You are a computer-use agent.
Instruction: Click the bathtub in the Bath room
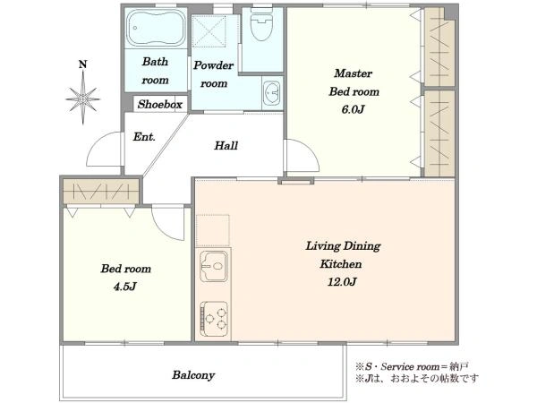pyautogui.click(x=155, y=28)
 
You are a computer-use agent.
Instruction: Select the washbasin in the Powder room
pyautogui.click(x=272, y=93)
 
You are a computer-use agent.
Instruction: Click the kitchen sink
pyautogui.click(x=213, y=266)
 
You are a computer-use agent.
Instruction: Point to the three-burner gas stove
pyautogui.click(x=214, y=319)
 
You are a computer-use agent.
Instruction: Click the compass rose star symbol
pyautogui.click(x=82, y=99)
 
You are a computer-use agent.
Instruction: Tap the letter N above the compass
pyautogui.click(x=83, y=64)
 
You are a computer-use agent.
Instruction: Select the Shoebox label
pyautogui.click(x=159, y=104)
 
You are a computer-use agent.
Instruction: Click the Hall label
pyautogui.click(x=226, y=146)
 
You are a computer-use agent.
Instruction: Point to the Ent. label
pyautogui.click(x=144, y=137)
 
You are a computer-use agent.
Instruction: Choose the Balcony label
pyautogui.click(x=193, y=375)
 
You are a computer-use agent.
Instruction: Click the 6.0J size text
pyautogui.click(x=354, y=109)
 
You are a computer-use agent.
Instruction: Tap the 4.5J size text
pyautogui.click(x=125, y=287)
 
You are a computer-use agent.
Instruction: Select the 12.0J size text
pyautogui.click(x=342, y=282)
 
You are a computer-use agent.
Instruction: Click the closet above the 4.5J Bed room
pyautogui.click(x=101, y=192)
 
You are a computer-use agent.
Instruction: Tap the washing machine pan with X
pyautogui.click(x=209, y=30)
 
